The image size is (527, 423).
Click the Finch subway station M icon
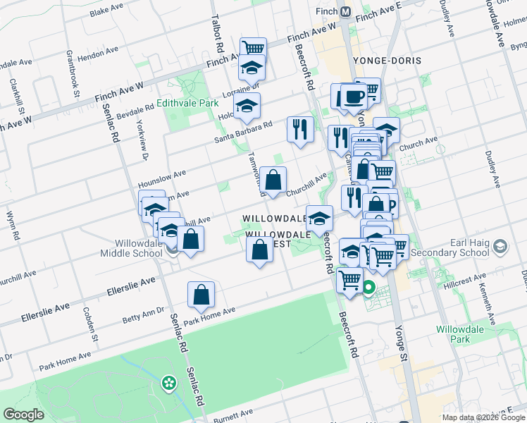(346, 12)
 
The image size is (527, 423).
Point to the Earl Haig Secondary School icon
(500, 246)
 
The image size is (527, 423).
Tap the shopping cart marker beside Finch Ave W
(252, 48)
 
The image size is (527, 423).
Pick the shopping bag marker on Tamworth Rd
(273, 179)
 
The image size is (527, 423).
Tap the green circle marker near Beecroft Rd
(368, 287)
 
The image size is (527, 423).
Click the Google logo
(24, 414)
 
